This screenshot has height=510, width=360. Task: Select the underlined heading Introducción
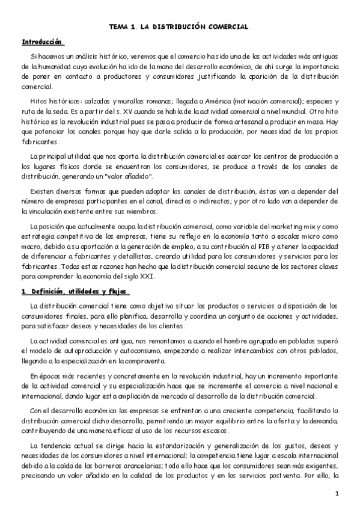[x=42, y=43]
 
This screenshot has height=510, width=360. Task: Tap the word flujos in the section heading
[x=117, y=292]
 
